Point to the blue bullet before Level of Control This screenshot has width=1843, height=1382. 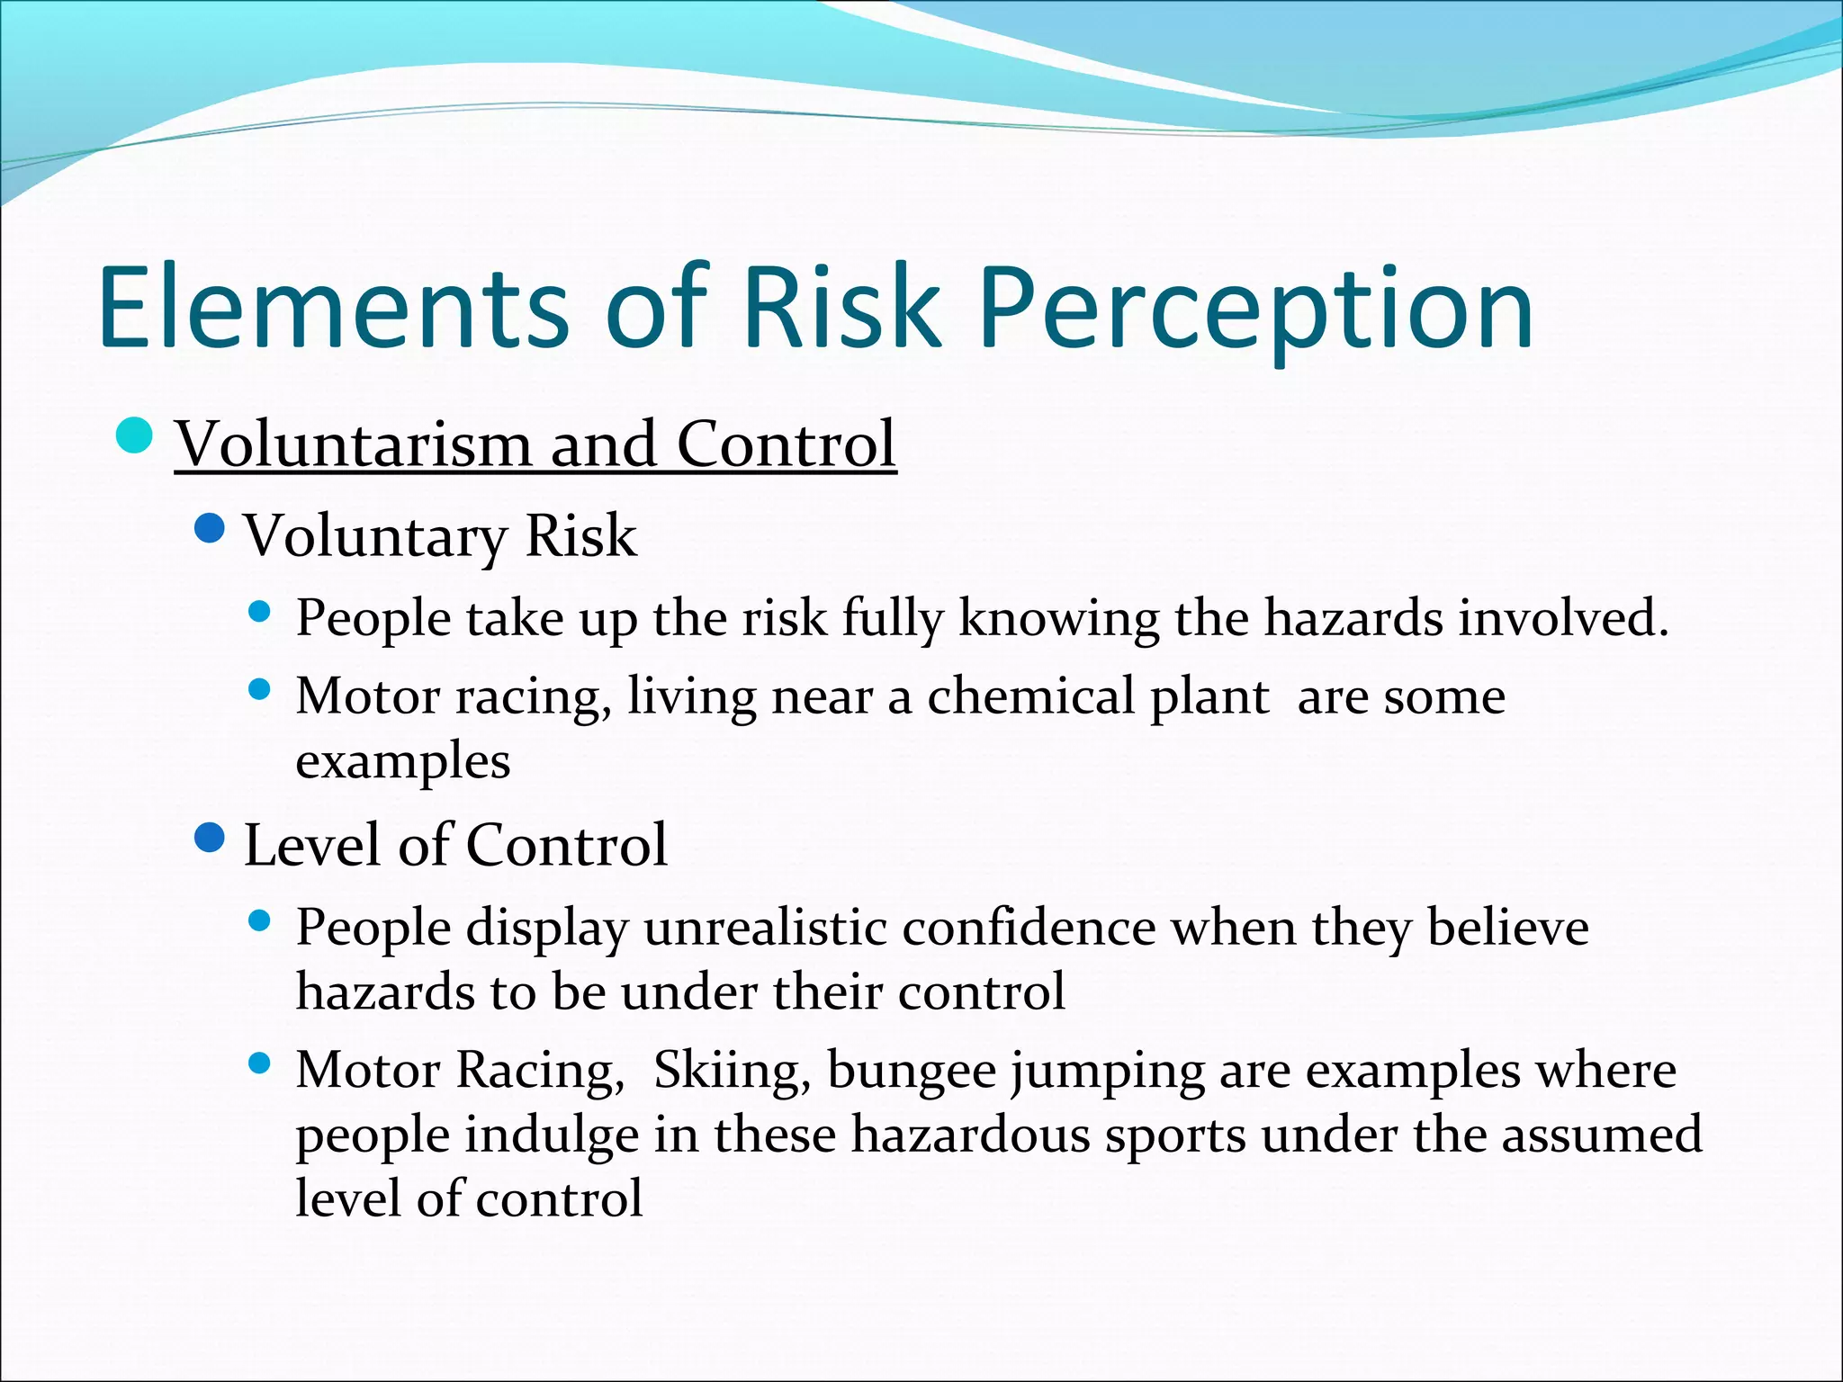pyautogui.click(x=209, y=839)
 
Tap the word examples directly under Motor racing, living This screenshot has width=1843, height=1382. pyautogui.click(x=403, y=761)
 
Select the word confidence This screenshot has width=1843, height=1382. pyautogui.click(x=1029, y=928)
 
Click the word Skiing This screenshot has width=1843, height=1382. pyautogui.click(x=731, y=1071)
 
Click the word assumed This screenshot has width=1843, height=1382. pyautogui.click(x=1601, y=1135)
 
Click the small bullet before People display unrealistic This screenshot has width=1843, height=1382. pyautogui.click(x=259, y=921)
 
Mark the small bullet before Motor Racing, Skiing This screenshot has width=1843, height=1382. pyautogui.click(x=259, y=1064)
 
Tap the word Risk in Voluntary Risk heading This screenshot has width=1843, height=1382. pyautogui.click(x=580, y=536)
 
